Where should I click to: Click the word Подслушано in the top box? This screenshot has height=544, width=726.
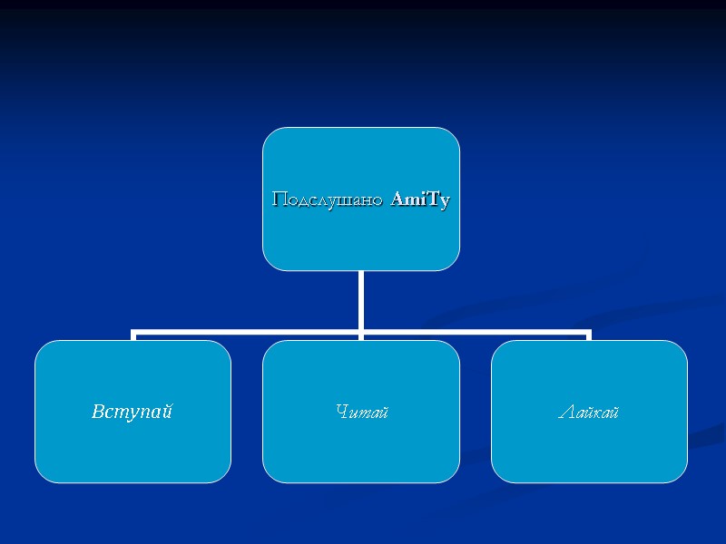click(x=329, y=199)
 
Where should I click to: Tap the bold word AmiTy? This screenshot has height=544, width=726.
click(x=420, y=199)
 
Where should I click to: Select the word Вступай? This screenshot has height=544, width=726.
click(x=132, y=412)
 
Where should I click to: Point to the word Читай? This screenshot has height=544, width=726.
click(x=361, y=413)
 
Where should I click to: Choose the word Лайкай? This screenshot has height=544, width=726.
click(x=589, y=413)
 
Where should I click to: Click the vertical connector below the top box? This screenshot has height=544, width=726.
click(x=361, y=299)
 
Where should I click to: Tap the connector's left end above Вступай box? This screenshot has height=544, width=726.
click(x=133, y=335)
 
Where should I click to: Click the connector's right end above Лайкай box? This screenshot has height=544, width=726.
click(x=589, y=335)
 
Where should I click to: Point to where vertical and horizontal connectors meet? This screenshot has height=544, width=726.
click(x=361, y=332)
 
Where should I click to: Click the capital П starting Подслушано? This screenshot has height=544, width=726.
click(x=280, y=199)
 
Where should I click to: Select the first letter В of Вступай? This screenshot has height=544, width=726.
click(x=98, y=412)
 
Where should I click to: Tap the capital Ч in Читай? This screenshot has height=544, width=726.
click(x=341, y=413)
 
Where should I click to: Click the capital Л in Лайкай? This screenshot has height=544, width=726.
click(x=564, y=413)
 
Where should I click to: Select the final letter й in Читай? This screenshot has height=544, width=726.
click(x=384, y=413)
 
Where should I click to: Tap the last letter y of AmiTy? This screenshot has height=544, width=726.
click(x=444, y=201)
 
